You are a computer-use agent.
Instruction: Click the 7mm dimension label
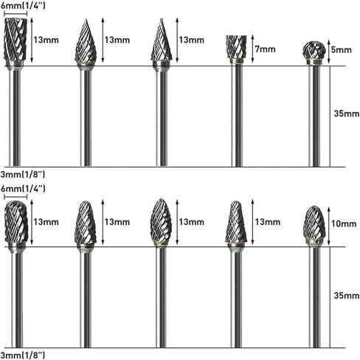(265, 49)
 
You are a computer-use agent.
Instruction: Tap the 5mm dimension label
(341, 50)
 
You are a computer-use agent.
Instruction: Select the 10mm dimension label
(344, 224)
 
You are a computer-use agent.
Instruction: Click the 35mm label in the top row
(347, 114)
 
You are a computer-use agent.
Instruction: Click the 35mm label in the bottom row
(347, 295)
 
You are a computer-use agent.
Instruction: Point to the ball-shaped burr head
(314, 50)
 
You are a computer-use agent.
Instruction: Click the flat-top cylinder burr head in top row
(15, 39)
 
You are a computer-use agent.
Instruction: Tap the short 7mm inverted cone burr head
(236, 47)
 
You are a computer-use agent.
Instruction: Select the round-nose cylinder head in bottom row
(16, 222)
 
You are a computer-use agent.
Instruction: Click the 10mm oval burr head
(314, 225)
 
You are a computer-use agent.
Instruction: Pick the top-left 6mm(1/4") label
(23, 5)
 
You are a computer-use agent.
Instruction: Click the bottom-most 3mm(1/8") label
(23, 355)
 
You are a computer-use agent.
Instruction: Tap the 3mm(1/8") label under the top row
(23, 174)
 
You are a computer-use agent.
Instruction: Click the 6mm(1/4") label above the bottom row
(23, 189)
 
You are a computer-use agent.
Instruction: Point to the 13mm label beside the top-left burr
(46, 40)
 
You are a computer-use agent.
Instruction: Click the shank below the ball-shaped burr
(315, 116)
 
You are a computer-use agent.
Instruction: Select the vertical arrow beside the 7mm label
(252, 49)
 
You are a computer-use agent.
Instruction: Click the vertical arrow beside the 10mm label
(329, 226)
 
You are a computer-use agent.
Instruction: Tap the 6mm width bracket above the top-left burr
(15, 13)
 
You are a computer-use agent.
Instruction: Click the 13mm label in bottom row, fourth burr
(268, 222)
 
